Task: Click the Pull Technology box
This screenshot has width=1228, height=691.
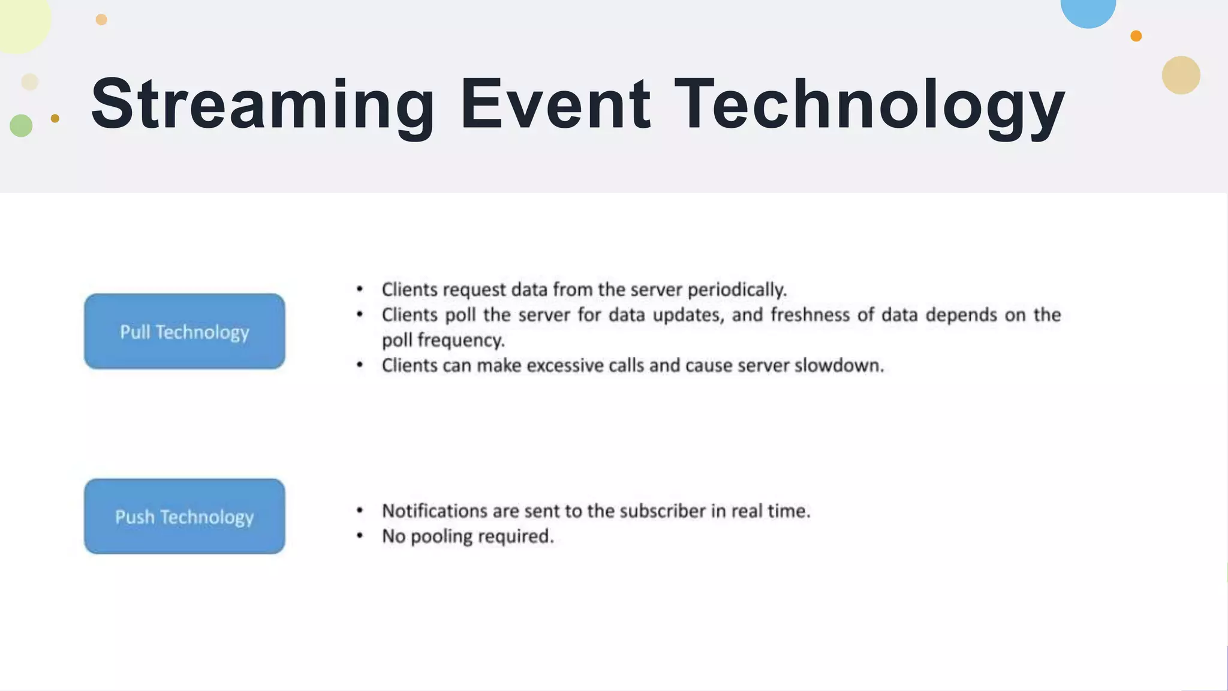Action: tap(184, 331)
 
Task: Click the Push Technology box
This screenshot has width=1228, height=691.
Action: tap(184, 516)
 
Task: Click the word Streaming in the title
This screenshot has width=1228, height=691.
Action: tap(262, 105)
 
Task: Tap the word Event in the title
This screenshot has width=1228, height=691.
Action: tap(555, 105)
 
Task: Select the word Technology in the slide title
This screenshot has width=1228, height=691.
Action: tap(869, 105)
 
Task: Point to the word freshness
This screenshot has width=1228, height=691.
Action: tap(809, 315)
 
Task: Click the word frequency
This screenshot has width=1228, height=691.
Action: tap(461, 341)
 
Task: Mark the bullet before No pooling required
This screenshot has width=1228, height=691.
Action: tap(360, 535)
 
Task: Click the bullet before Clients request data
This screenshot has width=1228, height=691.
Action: tap(360, 289)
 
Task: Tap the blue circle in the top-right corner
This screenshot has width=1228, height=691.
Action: tap(1088, 10)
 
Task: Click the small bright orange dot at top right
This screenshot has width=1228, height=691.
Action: tap(1136, 36)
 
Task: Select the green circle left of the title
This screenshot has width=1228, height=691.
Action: tap(21, 125)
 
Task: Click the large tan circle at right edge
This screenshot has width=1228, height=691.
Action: tap(1181, 75)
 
